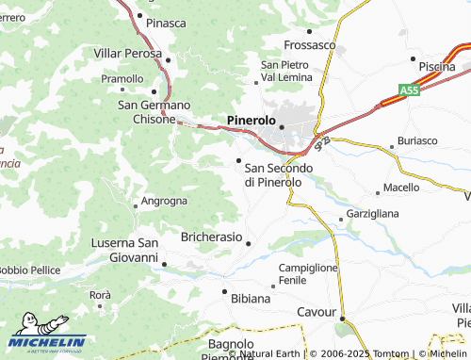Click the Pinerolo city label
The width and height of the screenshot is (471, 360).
point(252,121)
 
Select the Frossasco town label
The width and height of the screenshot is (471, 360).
point(310,44)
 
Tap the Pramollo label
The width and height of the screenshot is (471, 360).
point(122,79)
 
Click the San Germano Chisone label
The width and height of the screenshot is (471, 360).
point(154,111)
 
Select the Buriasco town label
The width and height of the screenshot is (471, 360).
point(417,140)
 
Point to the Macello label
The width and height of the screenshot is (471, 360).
point(401,188)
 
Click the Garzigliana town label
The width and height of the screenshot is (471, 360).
point(373,214)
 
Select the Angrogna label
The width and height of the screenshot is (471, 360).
point(164,201)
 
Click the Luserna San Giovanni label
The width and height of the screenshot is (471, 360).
point(123,250)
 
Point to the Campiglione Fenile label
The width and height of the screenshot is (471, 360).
point(308,274)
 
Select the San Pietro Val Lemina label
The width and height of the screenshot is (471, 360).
point(280,70)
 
